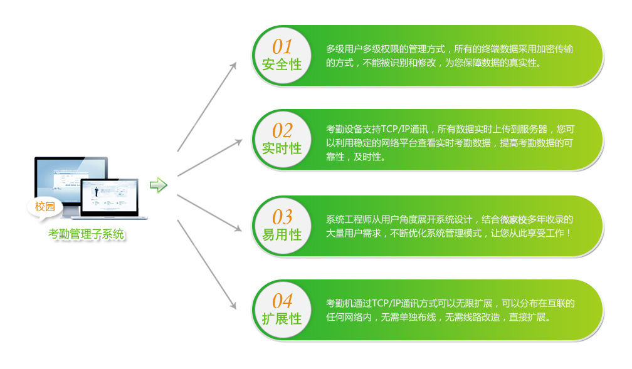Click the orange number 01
282,47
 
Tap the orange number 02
282,130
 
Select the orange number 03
282,217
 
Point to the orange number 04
282,301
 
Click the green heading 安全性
282,65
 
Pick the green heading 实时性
282,148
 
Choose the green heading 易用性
282,234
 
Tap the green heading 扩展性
282,319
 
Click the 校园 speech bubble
45,207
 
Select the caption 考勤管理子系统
87,234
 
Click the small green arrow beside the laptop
159,185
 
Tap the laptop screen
109,196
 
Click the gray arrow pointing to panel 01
207,107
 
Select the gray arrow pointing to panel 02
209,158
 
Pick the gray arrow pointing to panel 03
209,213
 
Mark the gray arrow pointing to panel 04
207,264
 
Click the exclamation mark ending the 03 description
568,233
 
